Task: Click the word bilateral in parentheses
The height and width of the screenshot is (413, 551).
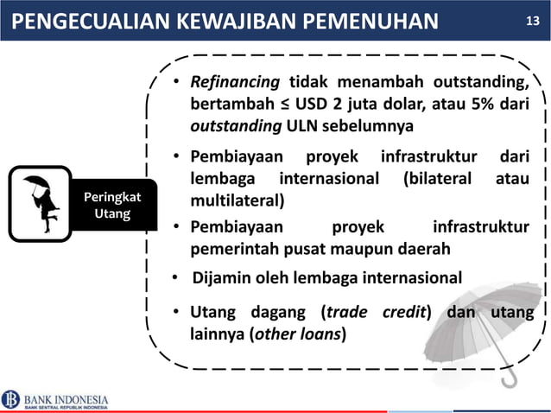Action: pyautogui.click(x=440, y=180)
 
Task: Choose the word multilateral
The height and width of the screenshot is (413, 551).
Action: pyautogui.click(x=236, y=200)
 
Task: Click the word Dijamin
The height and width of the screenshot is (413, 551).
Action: pyautogui.click(x=221, y=278)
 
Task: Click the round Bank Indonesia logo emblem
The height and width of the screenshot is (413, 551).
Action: pyautogui.click(x=11, y=399)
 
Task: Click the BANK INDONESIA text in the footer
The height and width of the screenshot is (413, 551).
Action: pyautogui.click(x=66, y=398)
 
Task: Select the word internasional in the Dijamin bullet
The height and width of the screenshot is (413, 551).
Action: pyautogui.click(x=411, y=278)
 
